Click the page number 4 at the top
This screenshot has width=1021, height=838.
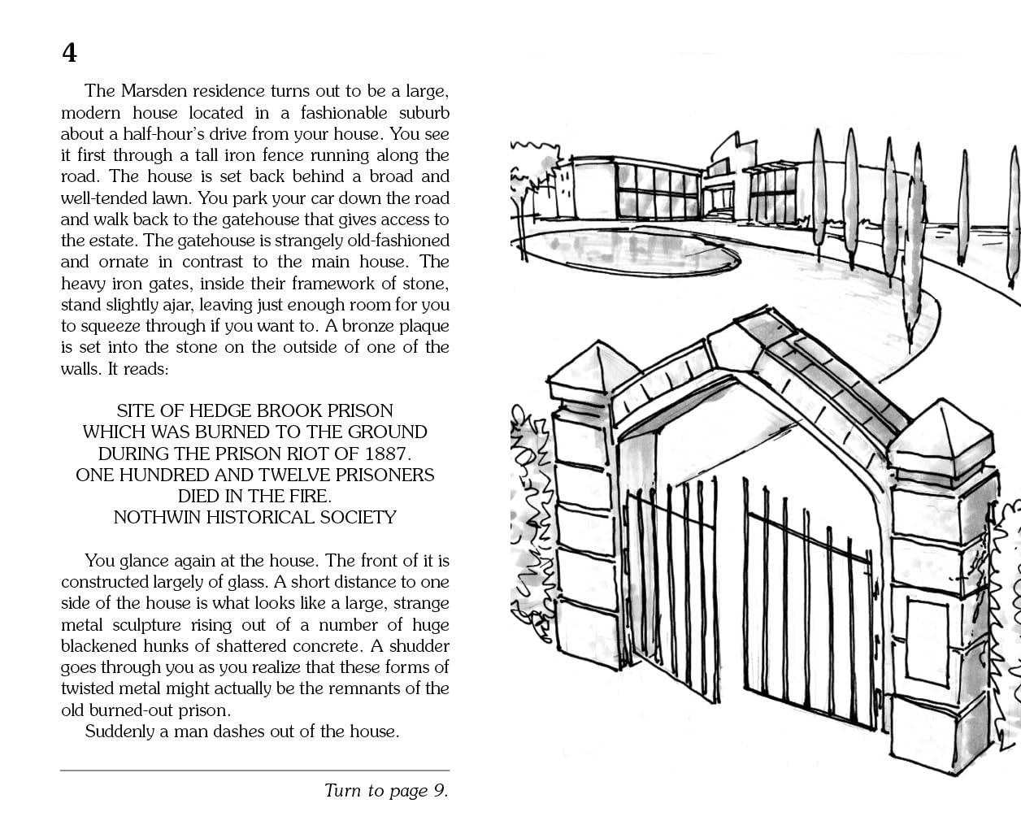coord(69,53)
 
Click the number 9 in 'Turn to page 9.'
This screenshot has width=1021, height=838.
coord(438,791)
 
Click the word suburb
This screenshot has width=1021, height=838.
coord(424,113)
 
